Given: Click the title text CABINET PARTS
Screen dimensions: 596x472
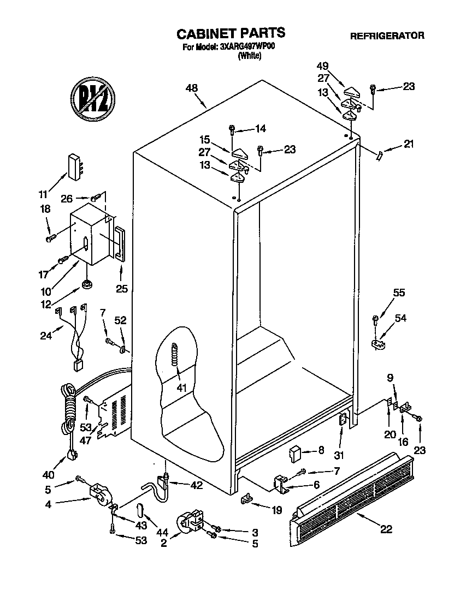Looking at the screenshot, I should click(x=231, y=33).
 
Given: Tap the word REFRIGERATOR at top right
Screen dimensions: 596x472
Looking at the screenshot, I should click(x=387, y=36).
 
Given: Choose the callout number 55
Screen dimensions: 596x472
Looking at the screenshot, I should click(x=399, y=293).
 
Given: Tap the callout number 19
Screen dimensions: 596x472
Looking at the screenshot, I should click(x=276, y=511).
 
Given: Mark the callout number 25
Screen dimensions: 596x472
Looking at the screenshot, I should click(x=121, y=288).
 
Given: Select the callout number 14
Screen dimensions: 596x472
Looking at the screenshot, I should click(x=260, y=129).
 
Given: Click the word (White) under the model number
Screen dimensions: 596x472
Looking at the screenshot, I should click(x=249, y=55).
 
